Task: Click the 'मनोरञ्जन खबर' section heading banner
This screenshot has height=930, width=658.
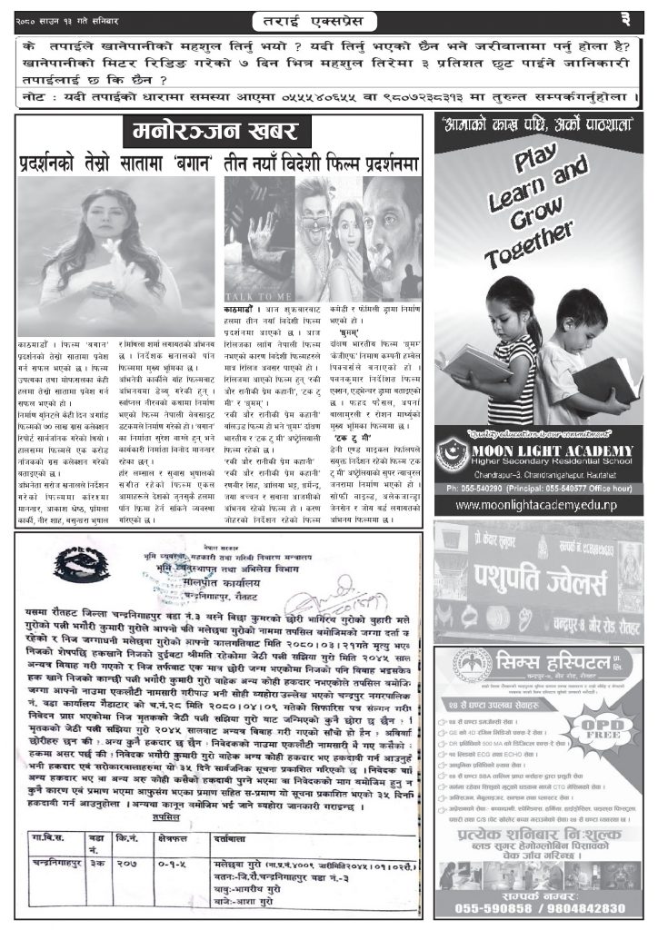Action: click(x=218, y=133)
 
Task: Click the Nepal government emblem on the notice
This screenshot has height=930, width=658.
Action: click(x=69, y=568)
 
